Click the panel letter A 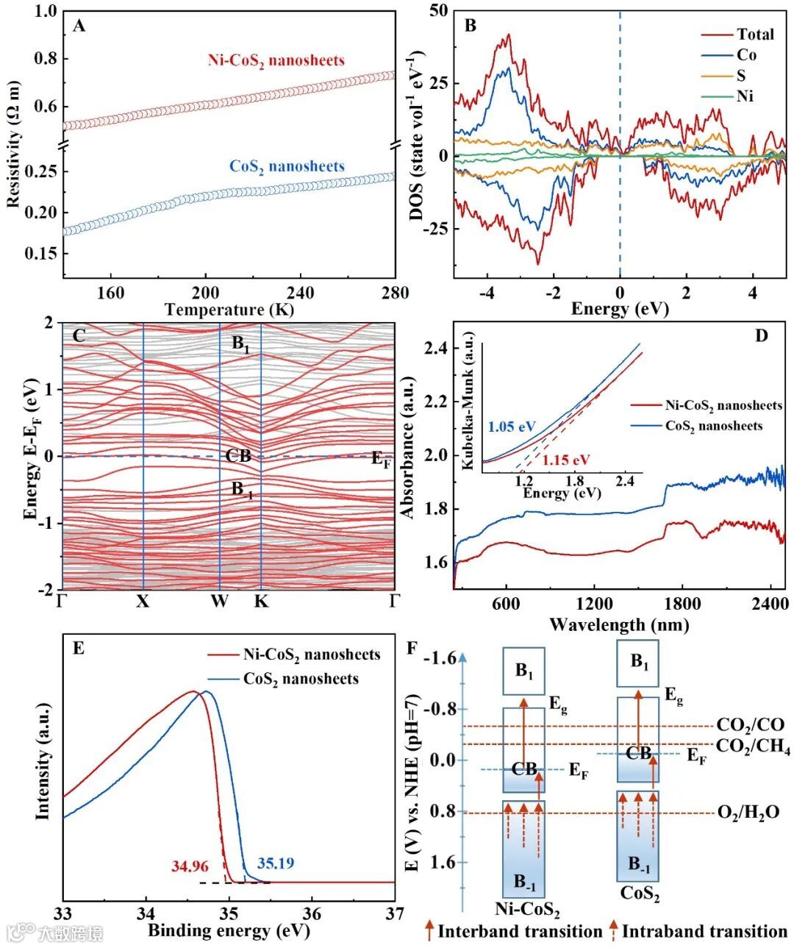tap(79, 27)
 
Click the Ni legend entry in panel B tap(745, 96)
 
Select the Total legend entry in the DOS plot tap(755, 34)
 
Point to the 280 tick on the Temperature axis tap(395, 293)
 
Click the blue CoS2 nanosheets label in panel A tap(287, 166)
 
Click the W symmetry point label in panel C tap(219, 602)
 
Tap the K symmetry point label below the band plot tap(261, 602)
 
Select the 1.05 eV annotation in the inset tap(511, 427)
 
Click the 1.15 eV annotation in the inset tap(566, 460)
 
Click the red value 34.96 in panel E tap(190, 866)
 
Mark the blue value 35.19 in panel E tap(276, 863)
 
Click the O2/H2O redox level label tap(748, 813)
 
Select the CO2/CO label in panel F tap(750, 725)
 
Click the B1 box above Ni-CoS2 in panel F tap(523, 671)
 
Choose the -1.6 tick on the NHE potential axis tap(437, 657)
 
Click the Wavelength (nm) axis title tap(619, 625)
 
